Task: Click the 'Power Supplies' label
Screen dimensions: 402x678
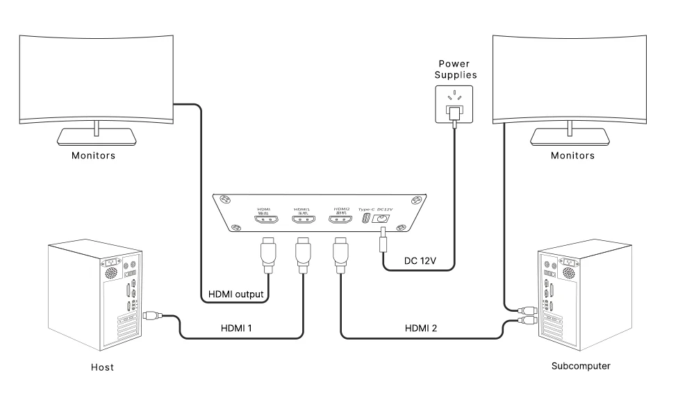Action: point(454,70)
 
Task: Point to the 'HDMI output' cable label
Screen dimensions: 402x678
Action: point(237,294)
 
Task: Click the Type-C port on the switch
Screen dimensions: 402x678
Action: point(365,219)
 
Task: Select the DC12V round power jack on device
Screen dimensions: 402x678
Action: point(381,219)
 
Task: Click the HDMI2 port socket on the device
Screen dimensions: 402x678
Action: point(340,221)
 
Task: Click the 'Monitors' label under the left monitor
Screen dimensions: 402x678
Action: point(94,156)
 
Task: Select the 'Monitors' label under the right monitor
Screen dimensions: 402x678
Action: point(572,156)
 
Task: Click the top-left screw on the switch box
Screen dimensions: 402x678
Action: point(225,201)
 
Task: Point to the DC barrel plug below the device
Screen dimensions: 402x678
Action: point(381,243)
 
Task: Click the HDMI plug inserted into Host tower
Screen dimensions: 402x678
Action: point(151,317)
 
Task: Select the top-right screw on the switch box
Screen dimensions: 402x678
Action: point(415,201)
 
